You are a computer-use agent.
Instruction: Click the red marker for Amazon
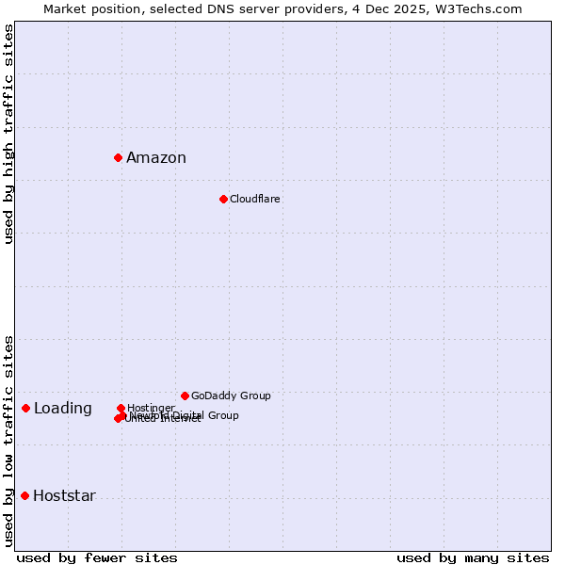click(119, 157)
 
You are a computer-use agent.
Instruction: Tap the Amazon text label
click(156, 158)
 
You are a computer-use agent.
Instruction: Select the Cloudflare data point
click(223, 199)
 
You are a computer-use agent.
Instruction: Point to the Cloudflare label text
click(255, 200)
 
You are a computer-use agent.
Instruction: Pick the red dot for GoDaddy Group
click(185, 395)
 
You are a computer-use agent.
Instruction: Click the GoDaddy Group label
click(231, 396)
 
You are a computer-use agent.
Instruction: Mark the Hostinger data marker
click(121, 408)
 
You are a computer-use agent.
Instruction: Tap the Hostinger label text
click(152, 408)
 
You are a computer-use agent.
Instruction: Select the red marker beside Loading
click(26, 408)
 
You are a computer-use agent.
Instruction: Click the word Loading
click(63, 409)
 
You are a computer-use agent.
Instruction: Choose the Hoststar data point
click(25, 495)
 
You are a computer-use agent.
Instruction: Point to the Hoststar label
click(65, 496)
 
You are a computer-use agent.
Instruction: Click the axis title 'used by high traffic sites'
click(9, 134)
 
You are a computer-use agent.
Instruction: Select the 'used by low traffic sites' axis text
click(9, 440)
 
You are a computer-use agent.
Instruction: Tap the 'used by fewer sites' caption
click(97, 557)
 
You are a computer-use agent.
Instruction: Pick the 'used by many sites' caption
click(473, 557)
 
